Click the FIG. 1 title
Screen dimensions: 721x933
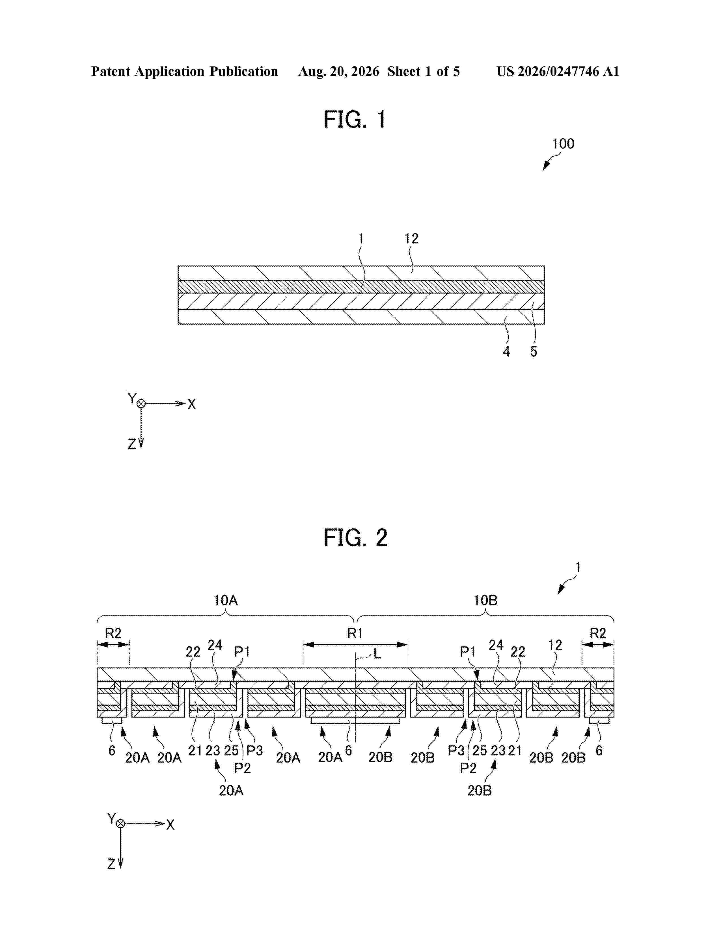click(x=355, y=119)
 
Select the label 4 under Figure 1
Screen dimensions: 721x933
click(x=506, y=352)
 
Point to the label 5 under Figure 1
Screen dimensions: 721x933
click(x=534, y=352)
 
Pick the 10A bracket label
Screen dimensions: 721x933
click(x=226, y=600)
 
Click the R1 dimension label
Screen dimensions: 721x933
click(x=355, y=633)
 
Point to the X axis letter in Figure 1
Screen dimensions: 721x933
click(x=192, y=404)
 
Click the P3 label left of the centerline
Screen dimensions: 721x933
click(x=254, y=751)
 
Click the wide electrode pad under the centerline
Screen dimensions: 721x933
click(x=355, y=720)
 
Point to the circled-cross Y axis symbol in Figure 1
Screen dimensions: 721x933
click(x=141, y=404)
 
